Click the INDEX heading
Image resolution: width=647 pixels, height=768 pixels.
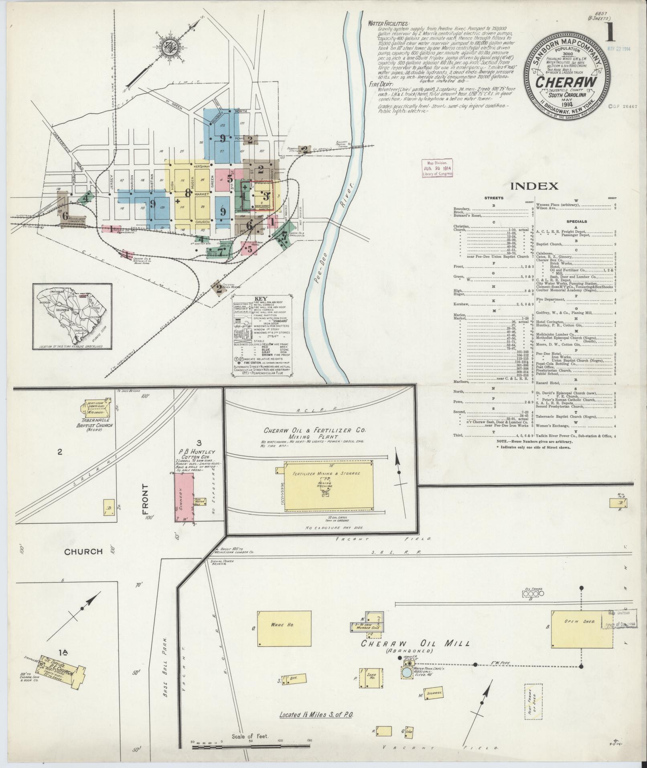tap(535, 186)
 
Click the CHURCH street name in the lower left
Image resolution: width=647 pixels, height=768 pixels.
tap(83, 552)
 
